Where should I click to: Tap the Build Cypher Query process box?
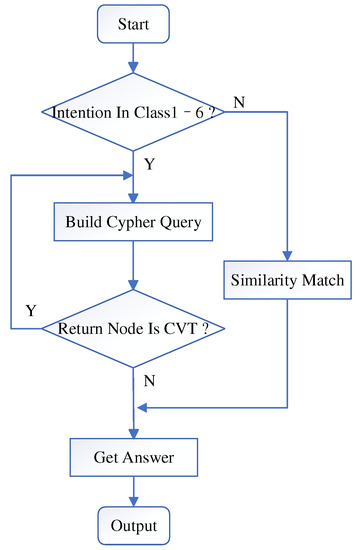133,223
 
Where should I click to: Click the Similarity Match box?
287,281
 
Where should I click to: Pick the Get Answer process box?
133,460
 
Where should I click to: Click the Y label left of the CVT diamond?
31,311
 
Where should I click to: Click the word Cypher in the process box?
138,223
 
